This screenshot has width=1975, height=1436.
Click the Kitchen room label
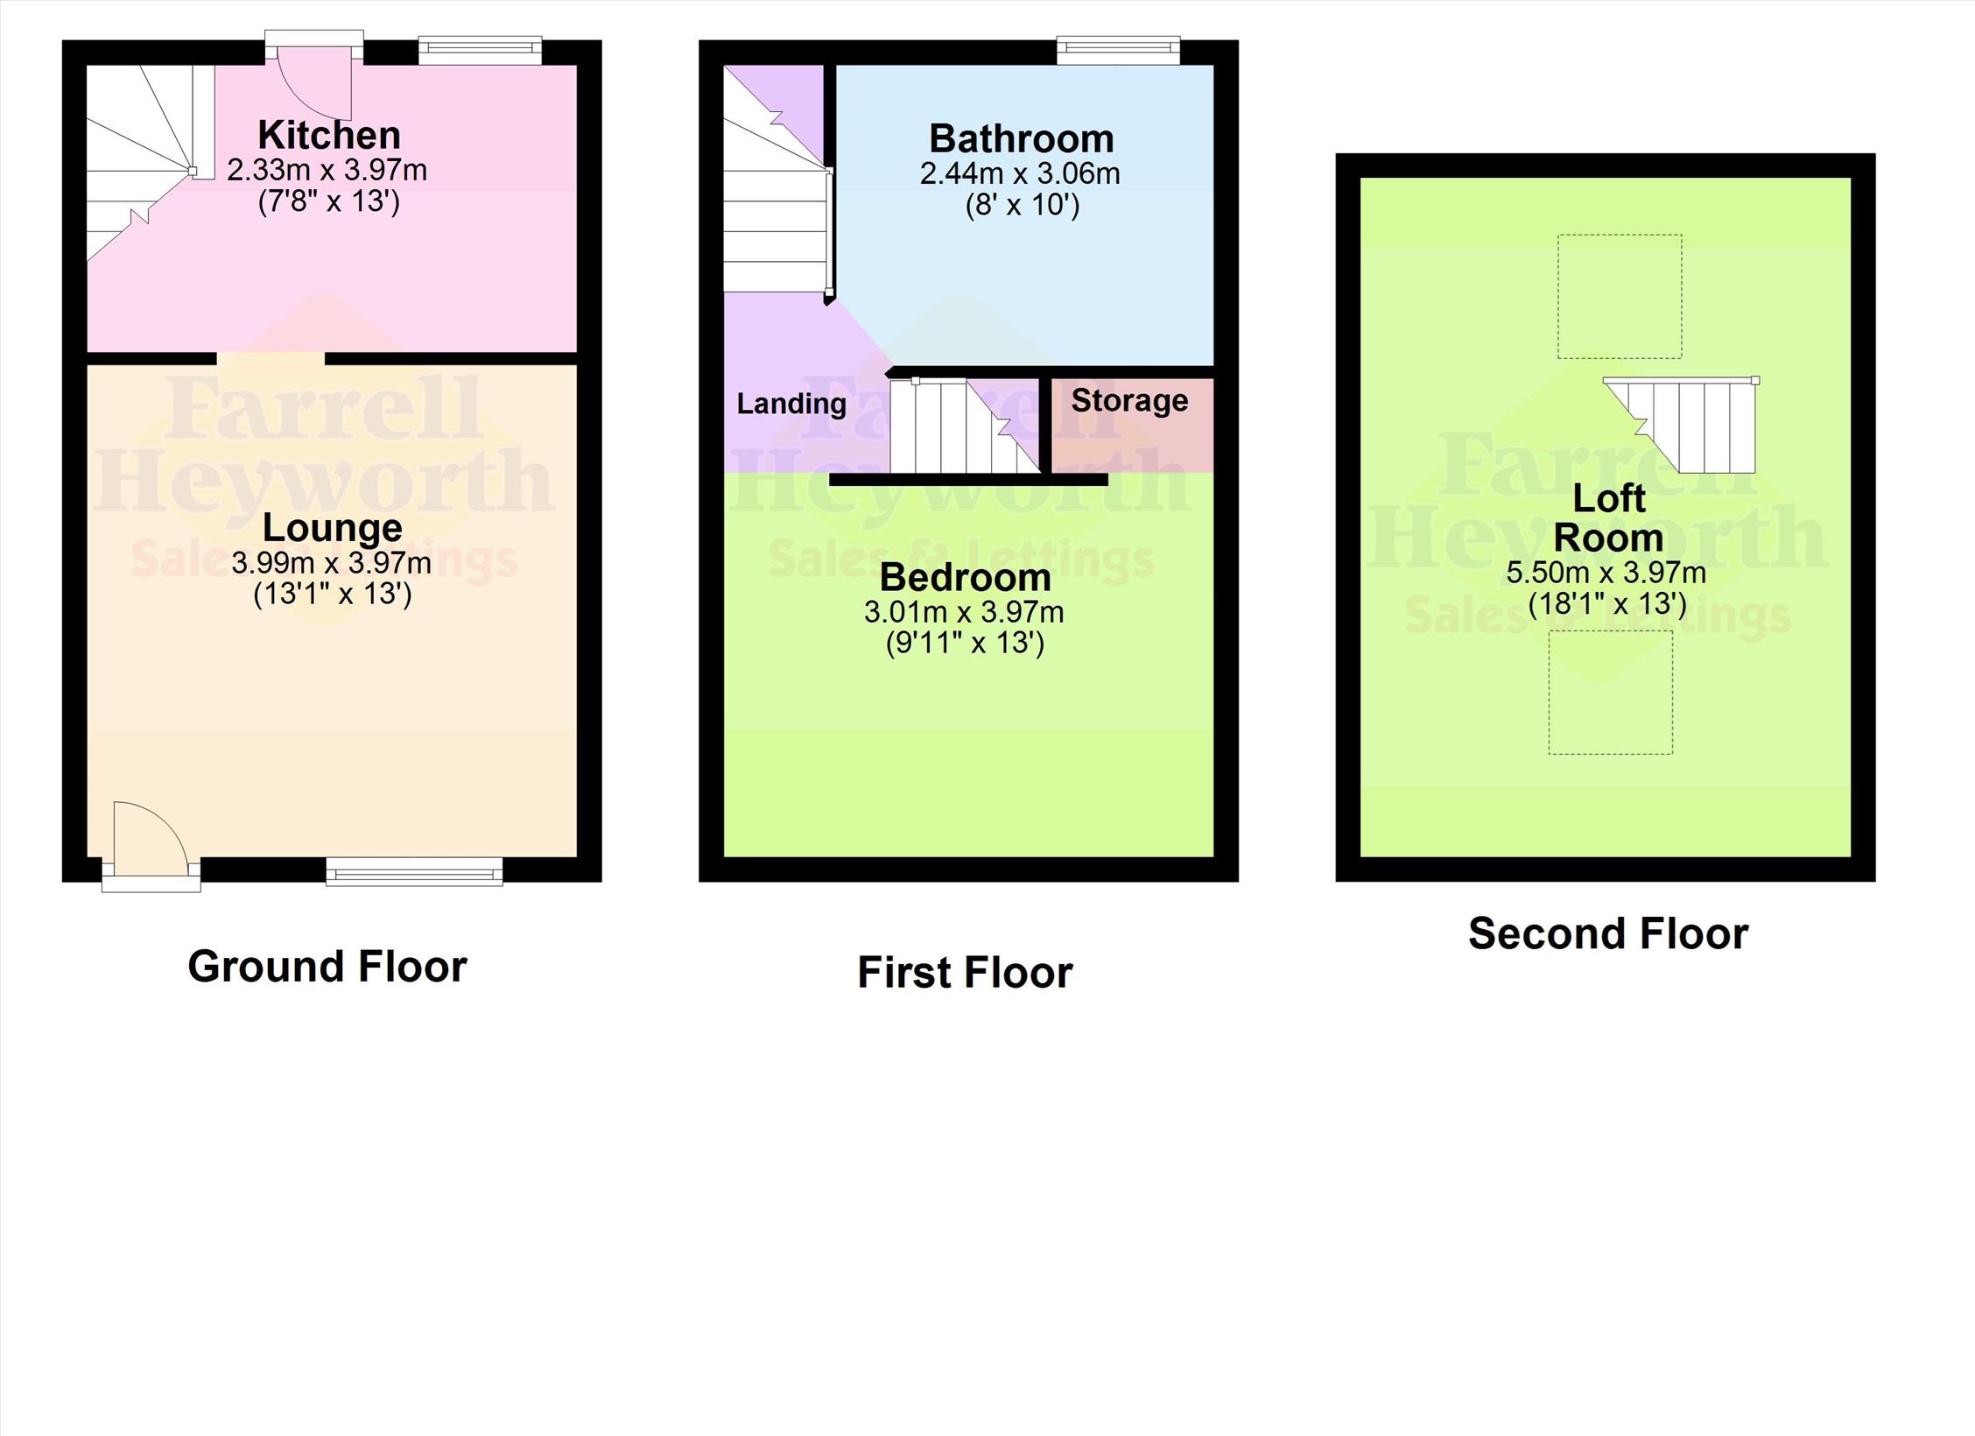point(329,135)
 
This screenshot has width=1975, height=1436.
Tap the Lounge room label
point(333,527)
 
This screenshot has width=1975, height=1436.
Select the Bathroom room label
point(1022,138)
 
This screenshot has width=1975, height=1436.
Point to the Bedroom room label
point(965,577)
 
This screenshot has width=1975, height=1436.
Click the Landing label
point(791,404)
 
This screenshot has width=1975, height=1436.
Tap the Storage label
point(1129,400)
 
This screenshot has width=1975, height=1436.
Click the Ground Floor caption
point(327,966)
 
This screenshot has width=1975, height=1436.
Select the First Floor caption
point(965,972)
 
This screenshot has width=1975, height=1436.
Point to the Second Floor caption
point(1608,933)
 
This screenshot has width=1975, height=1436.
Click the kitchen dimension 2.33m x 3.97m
point(327,169)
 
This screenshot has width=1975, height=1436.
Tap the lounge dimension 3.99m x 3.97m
point(332,562)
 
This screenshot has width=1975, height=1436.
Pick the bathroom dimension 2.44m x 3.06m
point(1020,173)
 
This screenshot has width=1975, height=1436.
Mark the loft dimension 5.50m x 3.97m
point(1606,573)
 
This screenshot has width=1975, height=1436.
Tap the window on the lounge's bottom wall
point(414,871)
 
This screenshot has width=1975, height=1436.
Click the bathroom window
point(1118,51)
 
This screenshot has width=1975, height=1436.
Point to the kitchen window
point(480,51)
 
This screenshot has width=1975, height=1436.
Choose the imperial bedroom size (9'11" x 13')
point(965,644)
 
